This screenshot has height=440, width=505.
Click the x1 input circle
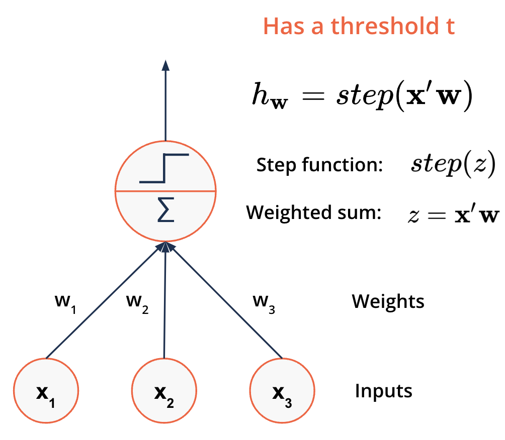click(x=46, y=390)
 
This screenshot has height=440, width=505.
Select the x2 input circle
click(x=164, y=390)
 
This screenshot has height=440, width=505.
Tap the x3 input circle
click(x=282, y=390)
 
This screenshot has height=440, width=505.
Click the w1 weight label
click(x=66, y=303)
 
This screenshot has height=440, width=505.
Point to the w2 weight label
click(x=137, y=303)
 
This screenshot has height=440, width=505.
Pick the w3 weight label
click(x=264, y=303)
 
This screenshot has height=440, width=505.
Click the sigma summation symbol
click(x=166, y=210)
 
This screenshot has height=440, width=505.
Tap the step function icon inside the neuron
click(x=164, y=168)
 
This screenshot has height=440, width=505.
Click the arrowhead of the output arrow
click(x=165, y=65)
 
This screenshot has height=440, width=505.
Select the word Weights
click(x=388, y=301)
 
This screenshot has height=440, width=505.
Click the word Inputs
click(x=384, y=391)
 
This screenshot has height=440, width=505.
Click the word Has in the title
click(x=284, y=26)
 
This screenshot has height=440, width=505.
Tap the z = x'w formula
click(x=454, y=214)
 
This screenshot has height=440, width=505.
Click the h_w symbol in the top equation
click(x=270, y=95)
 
